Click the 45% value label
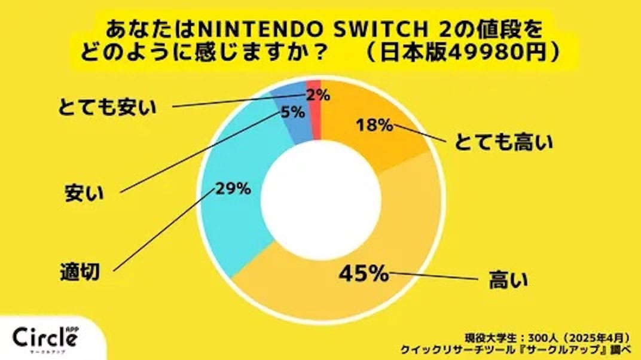pyautogui.click(x=364, y=274)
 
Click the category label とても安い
pyautogui.click(x=107, y=108)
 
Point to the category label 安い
pyautogui.click(x=84, y=193)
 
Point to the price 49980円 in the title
pyautogui.click(x=490, y=53)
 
